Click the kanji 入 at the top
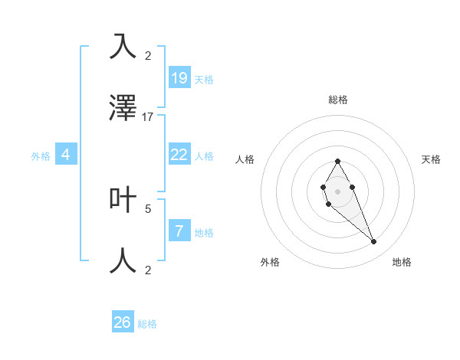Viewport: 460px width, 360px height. pos(123,46)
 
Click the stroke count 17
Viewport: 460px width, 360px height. pos(148,117)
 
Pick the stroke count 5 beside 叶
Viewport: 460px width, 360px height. pos(148,208)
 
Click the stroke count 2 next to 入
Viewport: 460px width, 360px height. pos(148,55)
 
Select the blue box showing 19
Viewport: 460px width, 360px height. pos(179,78)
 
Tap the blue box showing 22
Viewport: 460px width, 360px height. pos(179,155)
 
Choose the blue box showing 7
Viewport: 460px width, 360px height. pos(179,231)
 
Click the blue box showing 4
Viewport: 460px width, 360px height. pos(66,155)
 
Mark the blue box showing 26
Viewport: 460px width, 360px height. pos(123,322)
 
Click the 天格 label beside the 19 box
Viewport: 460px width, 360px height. pos(204,80)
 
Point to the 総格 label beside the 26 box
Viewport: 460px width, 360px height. pos(147,324)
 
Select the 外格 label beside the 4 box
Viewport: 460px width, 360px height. pos(41,156)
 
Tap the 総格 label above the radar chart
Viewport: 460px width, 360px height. pos(338,100)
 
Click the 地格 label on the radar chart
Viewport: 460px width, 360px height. pos(402,262)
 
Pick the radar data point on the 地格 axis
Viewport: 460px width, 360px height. pos(374,242)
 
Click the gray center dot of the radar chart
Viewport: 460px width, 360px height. pos(337,190)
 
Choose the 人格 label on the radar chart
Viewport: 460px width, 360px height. pos(245,159)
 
